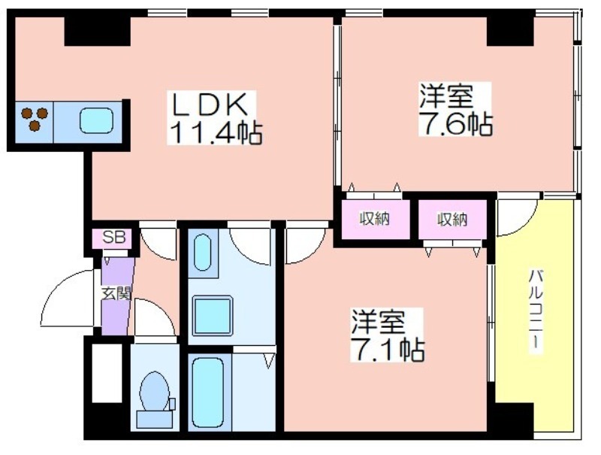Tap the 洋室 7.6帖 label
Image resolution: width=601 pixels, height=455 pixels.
(455, 109)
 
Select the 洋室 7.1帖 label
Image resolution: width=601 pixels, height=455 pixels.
(388, 335)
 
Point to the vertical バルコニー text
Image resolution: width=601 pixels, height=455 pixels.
(536, 309)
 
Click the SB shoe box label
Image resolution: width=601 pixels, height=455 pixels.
(114, 238)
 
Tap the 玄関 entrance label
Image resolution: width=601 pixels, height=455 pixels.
(116, 293)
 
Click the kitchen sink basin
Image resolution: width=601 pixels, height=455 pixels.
(96, 120)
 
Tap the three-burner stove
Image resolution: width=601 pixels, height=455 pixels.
(35, 119)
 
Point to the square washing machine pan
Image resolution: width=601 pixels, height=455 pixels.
(213, 315)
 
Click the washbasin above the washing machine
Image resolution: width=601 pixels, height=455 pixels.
(203, 253)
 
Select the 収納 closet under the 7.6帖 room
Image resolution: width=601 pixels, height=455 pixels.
(375, 219)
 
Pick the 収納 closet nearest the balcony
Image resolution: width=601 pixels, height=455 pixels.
(452, 220)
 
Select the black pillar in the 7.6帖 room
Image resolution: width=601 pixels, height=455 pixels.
(510, 32)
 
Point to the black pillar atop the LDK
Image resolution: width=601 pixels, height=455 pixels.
(98, 32)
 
